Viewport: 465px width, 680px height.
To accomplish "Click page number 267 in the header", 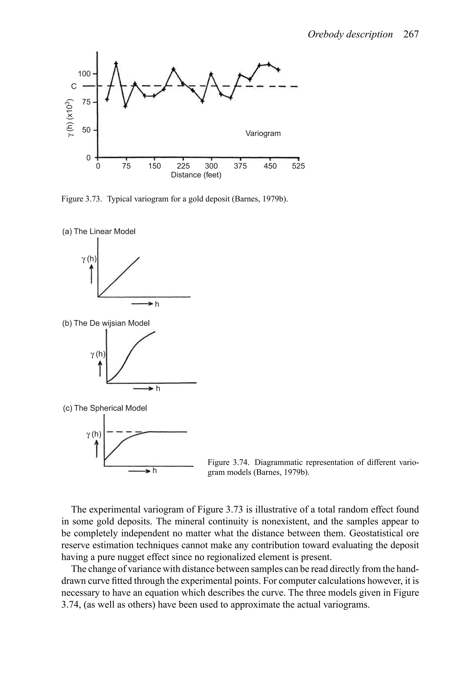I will (x=411, y=35).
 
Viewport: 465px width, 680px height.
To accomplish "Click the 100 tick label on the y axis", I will (x=84, y=74).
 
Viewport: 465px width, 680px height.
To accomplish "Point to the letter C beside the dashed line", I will (x=74, y=87).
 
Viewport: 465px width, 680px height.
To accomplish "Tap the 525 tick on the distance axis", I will (x=298, y=166).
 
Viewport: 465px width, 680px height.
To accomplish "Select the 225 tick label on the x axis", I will (x=183, y=166).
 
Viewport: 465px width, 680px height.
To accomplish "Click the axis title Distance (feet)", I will (x=196, y=175).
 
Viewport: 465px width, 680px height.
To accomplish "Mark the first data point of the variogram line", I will (x=107, y=100).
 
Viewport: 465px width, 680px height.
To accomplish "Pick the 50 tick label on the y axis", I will (x=86, y=130).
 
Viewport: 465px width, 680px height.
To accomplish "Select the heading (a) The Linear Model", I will (x=99, y=232).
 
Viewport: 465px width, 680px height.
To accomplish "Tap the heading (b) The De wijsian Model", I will (x=106, y=323).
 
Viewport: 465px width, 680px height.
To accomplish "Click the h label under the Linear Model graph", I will (x=157, y=304).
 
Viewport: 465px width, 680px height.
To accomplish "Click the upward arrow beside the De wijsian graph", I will (x=100, y=369).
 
